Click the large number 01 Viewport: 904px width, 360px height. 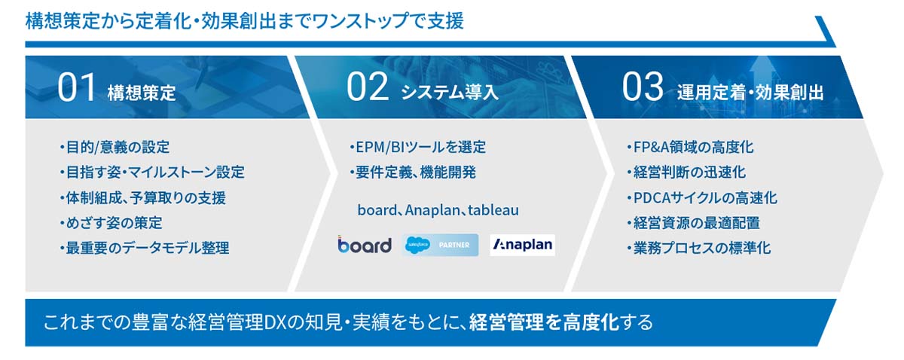coord(76,87)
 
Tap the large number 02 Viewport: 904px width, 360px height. coord(368,87)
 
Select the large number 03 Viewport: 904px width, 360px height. coord(643,87)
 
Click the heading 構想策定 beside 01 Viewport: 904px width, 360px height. coord(142,93)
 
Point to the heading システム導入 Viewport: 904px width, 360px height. coord(450,93)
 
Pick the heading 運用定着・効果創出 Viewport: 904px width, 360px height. coord(750,93)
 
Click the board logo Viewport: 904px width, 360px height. coord(365,244)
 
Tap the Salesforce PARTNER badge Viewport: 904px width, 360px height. coord(440,245)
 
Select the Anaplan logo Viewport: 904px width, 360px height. coord(523,245)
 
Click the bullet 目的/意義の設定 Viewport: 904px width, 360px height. coord(115,147)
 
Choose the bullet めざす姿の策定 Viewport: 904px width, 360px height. coord(111,222)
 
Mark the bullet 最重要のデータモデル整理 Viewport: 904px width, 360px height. coord(145,247)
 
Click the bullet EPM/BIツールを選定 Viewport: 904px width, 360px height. coord(417,147)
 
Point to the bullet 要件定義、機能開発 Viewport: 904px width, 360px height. coord(413,172)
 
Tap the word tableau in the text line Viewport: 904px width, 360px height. coord(493,210)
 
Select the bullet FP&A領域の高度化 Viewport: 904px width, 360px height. coord(690,147)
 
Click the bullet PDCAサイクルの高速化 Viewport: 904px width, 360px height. coord(702,198)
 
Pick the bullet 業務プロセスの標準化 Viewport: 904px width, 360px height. coord(699,247)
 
